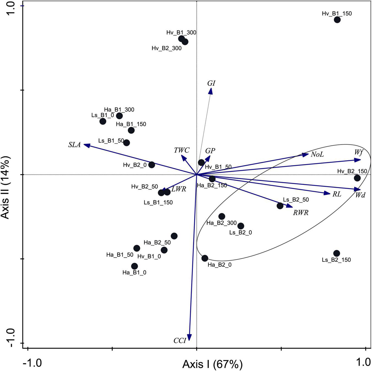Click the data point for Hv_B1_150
coord(337,20)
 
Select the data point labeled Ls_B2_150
coord(336,253)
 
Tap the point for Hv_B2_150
coord(357,178)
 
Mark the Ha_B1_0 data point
coord(134,266)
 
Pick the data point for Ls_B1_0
coord(103,121)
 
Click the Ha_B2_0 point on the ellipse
coord(205,258)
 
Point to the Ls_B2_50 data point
coord(280,206)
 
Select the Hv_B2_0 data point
coord(152,165)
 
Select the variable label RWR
coord(301,213)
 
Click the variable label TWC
coord(182,150)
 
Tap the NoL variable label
coord(317,155)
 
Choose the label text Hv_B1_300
coord(181,32)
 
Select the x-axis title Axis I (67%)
coord(212,364)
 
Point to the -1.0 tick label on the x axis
coord(32,363)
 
